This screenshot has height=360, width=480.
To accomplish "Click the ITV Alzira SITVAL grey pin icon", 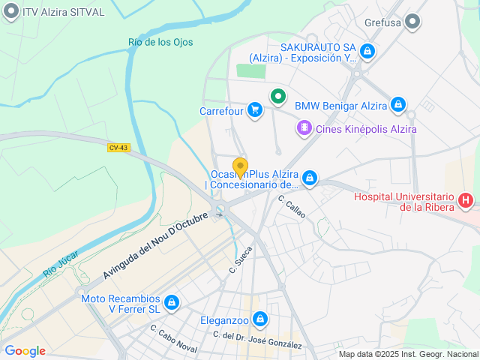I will coord(11,12).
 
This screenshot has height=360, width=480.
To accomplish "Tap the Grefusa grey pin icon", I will coord(412,22).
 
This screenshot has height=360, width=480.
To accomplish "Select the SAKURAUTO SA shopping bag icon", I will coord(367,51).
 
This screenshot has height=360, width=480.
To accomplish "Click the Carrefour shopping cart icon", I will coord(255,110).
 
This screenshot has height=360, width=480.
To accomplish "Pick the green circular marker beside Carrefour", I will coord(278,96).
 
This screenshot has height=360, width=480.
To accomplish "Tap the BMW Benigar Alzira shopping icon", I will coord(398,105).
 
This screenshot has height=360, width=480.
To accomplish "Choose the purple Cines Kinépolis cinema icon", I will coord(304,128).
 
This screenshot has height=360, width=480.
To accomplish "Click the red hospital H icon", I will coord(466,200).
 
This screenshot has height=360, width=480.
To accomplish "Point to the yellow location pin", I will coord(240,166).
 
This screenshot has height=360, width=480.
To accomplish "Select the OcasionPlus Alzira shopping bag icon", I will coord(309,178).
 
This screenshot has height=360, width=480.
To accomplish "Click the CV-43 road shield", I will coord(118,148).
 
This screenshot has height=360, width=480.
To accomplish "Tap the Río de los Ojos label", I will coord(160,43).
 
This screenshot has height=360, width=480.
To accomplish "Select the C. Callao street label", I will coord(292,206).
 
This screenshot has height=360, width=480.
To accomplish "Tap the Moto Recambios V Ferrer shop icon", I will coord(172,302).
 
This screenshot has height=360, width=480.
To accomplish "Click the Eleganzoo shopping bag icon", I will coord(259,320).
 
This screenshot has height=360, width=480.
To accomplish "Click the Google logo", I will coord(25,351).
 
